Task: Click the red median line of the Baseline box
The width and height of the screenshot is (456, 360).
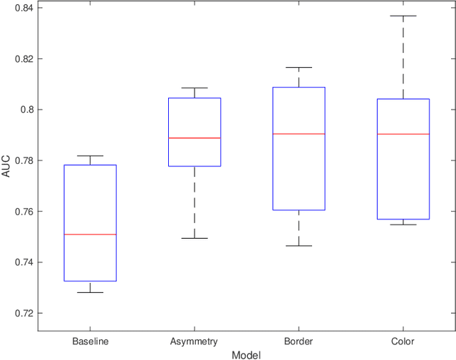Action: click(x=90, y=235)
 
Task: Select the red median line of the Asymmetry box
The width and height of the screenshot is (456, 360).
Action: click(x=195, y=138)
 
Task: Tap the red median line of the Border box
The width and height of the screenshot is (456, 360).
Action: click(x=299, y=134)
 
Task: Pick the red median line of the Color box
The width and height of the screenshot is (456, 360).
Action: click(x=403, y=134)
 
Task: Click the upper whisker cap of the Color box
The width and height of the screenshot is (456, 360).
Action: click(x=403, y=16)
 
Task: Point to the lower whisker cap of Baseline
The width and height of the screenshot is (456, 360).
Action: click(x=90, y=292)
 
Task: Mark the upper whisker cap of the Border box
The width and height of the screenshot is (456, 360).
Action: click(x=299, y=68)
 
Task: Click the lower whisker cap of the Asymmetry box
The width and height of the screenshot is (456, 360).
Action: click(x=195, y=238)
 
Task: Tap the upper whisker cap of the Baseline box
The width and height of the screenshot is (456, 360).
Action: click(x=90, y=155)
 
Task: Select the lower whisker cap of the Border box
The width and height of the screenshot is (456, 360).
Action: click(x=299, y=246)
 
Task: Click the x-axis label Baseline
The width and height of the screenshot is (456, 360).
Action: click(x=90, y=341)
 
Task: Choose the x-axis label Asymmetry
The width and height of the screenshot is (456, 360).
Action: click(x=195, y=341)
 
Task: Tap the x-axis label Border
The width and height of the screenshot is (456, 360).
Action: click(x=299, y=341)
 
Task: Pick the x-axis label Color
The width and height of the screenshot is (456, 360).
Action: click(x=403, y=341)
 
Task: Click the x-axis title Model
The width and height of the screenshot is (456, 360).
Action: click(x=247, y=354)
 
